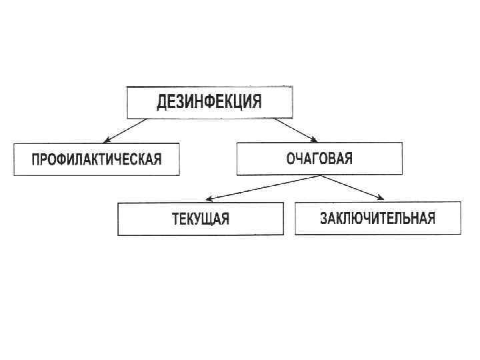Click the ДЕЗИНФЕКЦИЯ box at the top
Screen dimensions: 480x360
pyautogui.click(x=209, y=102)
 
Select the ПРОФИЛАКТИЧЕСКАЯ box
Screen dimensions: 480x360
pyautogui.click(x=97, y=159)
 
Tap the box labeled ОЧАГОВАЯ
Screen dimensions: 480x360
pyautogui.click(x=319, y=159)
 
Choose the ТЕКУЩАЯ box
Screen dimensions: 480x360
pyautogui.click(x=200, y=219)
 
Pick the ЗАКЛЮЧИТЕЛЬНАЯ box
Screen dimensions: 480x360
pyautogui.click(x=377, y=218)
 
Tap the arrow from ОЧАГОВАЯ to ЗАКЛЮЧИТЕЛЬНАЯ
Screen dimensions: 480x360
pyautogui.click(x=353, y=187)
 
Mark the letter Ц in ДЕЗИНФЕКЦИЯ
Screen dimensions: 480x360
pyautogui.click(x=236, y=103)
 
